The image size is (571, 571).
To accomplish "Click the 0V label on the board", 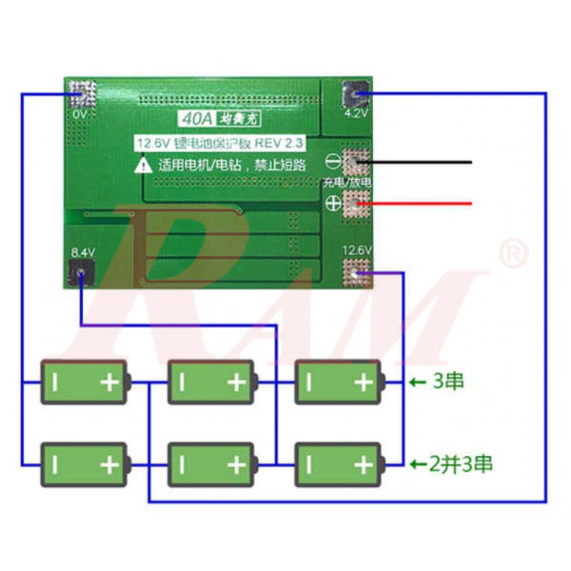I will [x=79, y=114].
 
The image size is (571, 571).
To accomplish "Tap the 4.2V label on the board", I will [x=355, y=112].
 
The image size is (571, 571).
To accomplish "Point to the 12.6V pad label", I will [x=357, y=250].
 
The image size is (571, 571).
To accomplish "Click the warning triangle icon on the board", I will [x=143, y=164].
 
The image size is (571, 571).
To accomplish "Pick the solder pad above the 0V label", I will [x=82, y=93].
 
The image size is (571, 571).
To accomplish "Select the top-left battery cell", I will [x=84, y=383].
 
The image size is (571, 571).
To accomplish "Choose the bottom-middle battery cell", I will [x=211, y=463].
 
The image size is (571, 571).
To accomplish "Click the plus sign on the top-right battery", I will [x=363, y=383].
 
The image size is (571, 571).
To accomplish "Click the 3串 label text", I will [x=448, y=383].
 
